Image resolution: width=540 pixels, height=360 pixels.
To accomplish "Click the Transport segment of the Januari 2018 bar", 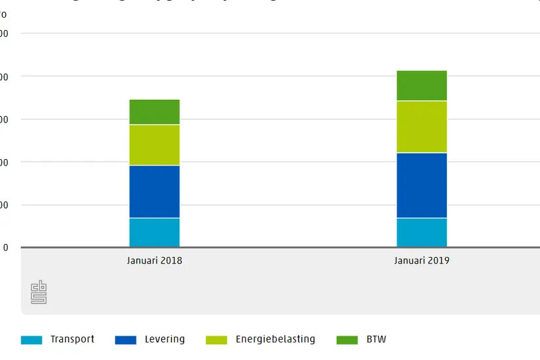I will click(155, 232).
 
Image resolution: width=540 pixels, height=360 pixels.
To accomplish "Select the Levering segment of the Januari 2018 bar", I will click(155, 192).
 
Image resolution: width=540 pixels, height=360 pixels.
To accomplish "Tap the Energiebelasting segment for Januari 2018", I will click(155, 145).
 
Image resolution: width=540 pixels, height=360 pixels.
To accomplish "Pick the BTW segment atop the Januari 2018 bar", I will click(155, 112).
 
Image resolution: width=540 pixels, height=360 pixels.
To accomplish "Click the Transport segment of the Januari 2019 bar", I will click(421, 232).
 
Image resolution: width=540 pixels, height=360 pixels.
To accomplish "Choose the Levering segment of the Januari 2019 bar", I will click(421, 185).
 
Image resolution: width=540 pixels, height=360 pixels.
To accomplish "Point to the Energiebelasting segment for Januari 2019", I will click(421, 127).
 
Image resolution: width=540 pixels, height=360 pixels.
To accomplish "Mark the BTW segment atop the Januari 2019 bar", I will click(421, 85).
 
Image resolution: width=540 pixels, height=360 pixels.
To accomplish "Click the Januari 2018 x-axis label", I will click(155, 261).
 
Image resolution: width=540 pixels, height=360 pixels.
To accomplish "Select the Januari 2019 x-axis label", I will click(421, 261).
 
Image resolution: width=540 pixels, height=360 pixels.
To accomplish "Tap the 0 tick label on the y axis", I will click(6, 248).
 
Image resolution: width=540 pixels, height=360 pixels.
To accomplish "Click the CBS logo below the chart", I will click(39, 292).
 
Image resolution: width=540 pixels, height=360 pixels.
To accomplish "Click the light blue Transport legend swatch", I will click(31, 340).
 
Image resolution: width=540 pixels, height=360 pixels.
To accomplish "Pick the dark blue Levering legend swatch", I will click(126, 340).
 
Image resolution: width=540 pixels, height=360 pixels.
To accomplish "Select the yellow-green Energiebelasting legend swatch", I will click(217, 340).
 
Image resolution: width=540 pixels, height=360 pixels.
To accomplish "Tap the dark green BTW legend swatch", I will click(348, 340).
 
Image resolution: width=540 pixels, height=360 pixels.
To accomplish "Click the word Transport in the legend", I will click(72, 339).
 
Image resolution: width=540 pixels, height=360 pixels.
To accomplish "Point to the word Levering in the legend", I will click(164, 339).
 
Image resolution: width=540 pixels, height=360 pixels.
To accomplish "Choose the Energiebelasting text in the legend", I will click(275, 339).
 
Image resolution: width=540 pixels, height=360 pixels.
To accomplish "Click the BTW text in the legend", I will click(376, 339).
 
